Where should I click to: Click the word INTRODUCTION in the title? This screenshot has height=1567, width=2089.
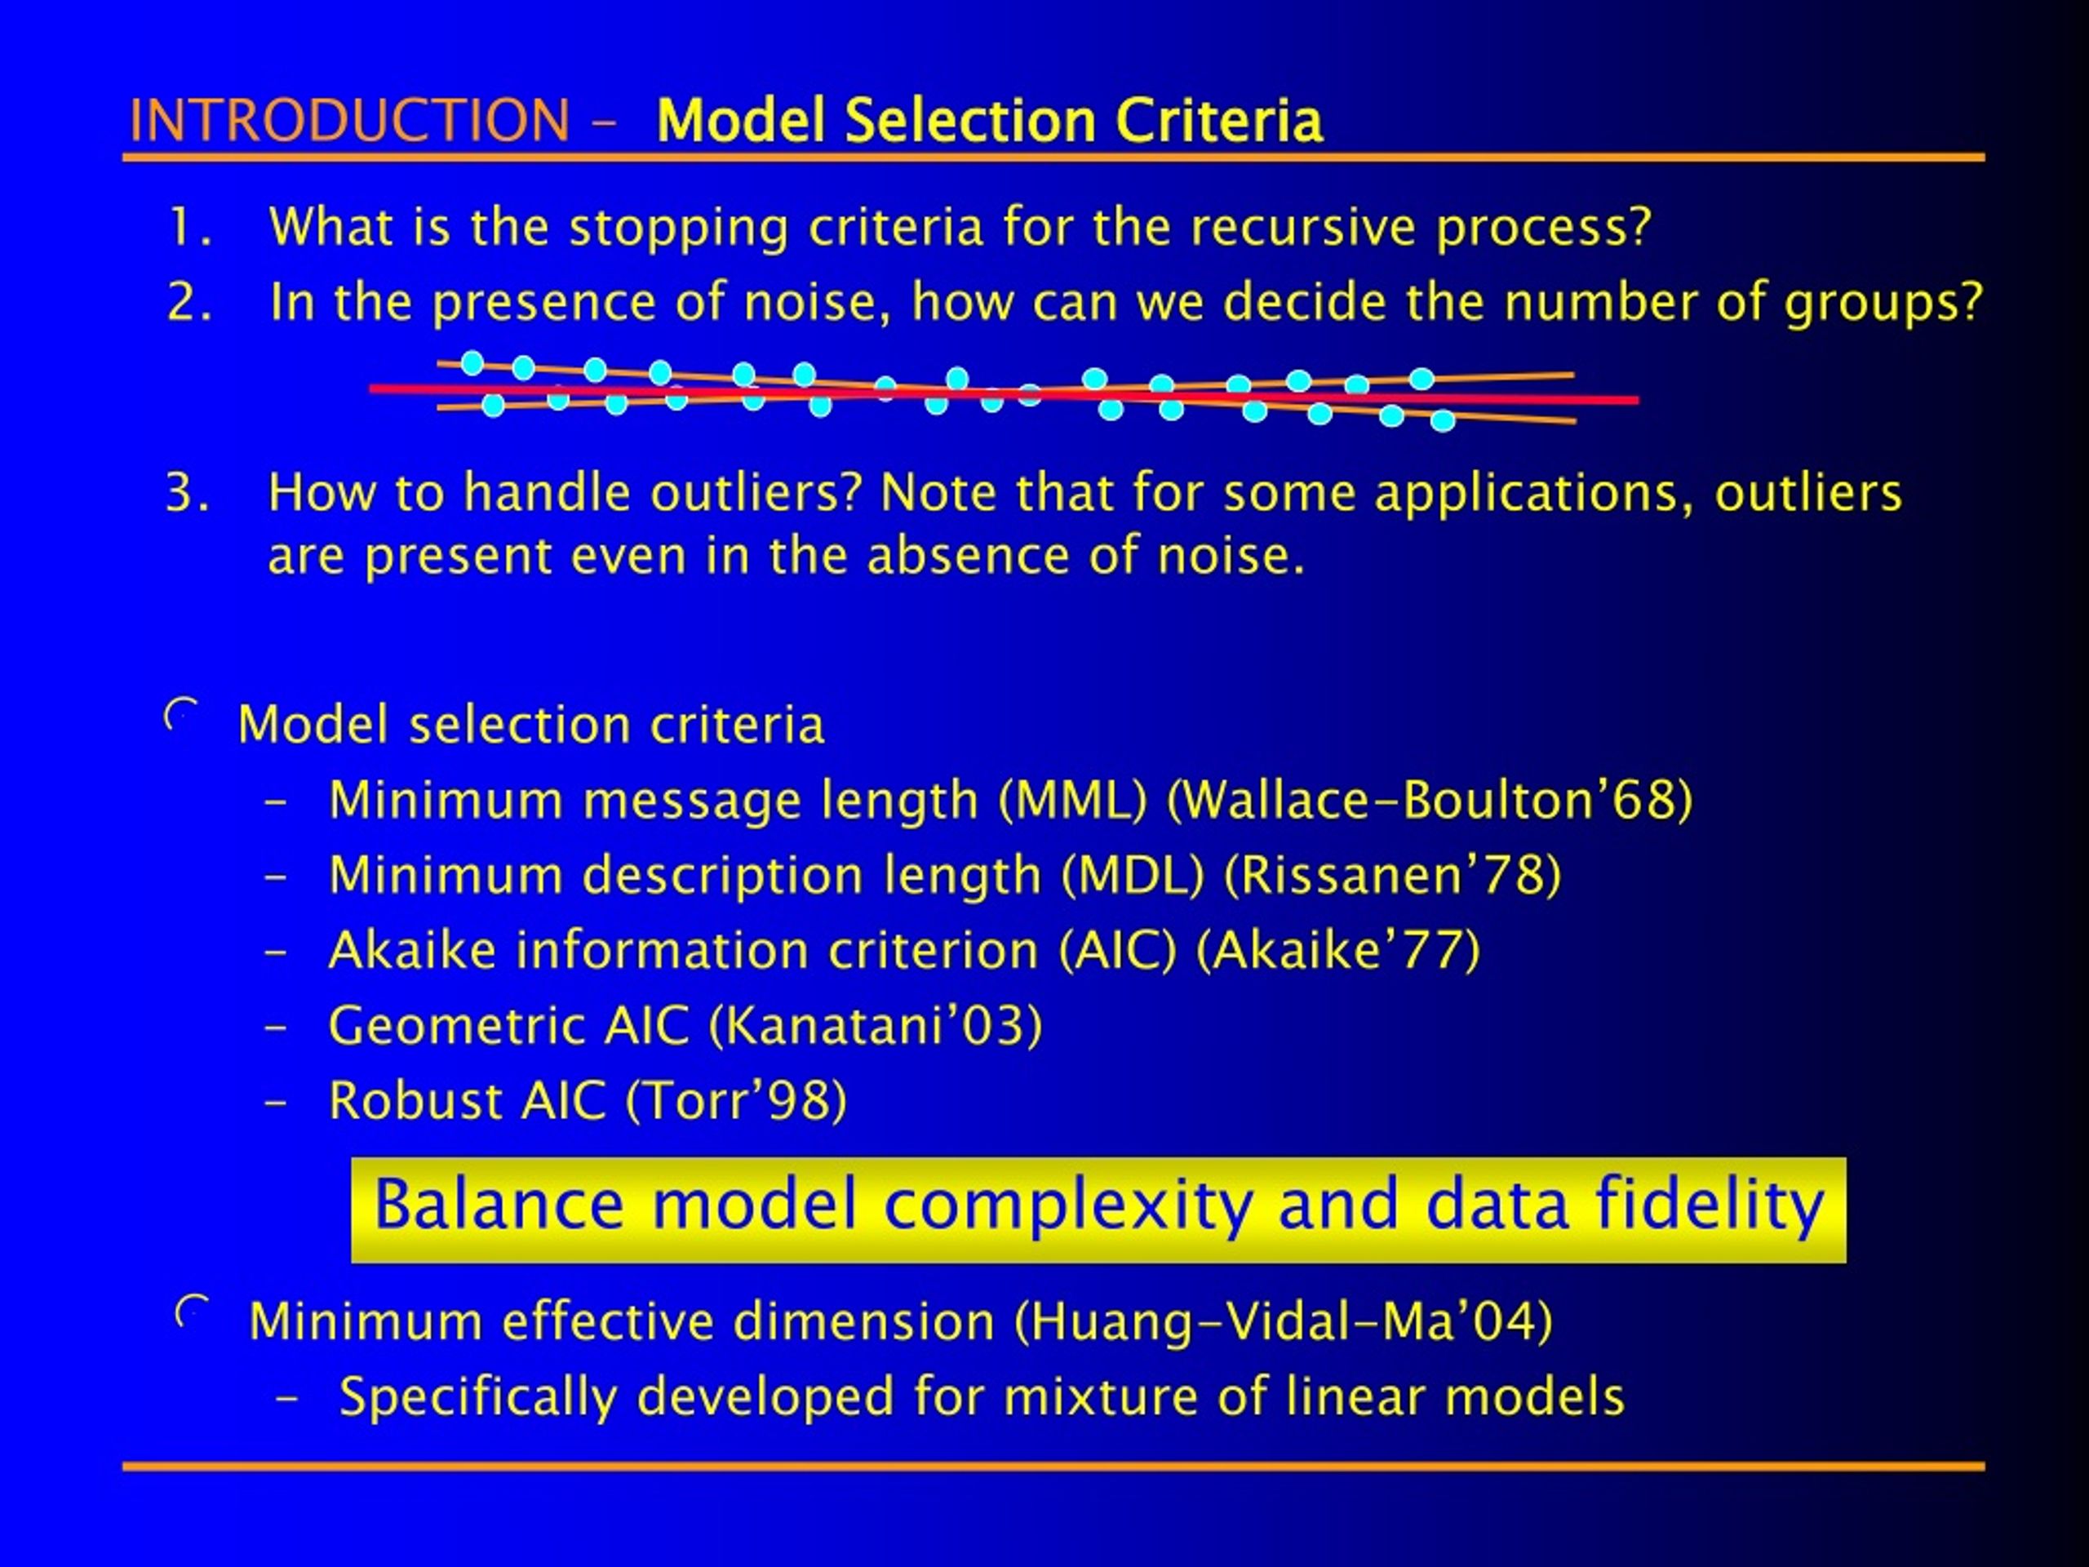pos(349,121)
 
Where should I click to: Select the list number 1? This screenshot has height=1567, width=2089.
pos(188,228)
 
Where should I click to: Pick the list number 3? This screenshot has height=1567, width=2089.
pos(186,493)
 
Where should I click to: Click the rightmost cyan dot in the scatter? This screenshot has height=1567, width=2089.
pos(1442,420)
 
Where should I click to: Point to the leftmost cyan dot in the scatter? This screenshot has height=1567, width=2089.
pos(472,362)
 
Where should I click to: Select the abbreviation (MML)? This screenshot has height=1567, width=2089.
pos(1073,800)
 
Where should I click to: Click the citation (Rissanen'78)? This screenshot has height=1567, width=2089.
pos(1392,875)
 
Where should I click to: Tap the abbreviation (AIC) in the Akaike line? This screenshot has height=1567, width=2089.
pos(1117,950)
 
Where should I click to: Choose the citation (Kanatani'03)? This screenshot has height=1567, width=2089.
pos(875,1026)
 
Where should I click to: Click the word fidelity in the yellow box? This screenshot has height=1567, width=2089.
pos(1710,1206)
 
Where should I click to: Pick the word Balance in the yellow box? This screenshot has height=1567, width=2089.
pos(498,1206)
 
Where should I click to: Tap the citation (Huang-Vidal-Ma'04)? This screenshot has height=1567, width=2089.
pos(1284,1321)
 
